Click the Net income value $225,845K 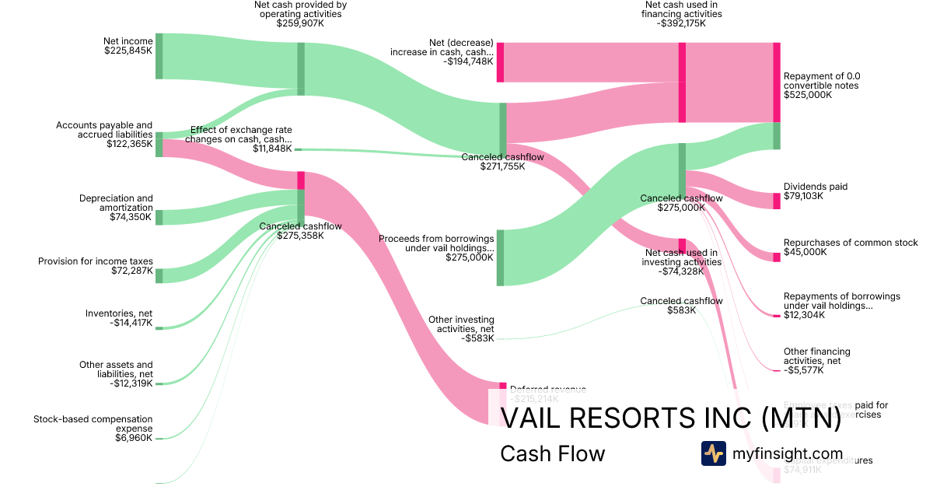point(128,51)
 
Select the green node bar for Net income point(159,56)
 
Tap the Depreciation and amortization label point(116,203)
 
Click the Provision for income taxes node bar point(159,275)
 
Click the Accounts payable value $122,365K point(130,144)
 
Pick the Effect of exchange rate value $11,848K point(272,149)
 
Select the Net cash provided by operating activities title point(300,9)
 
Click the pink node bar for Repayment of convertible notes point(777,82)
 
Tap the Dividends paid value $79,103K point(803,196)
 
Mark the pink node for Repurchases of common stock point(776,257)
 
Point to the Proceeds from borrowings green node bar point(500,257)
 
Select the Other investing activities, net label point(461,324)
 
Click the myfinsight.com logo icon point(713,453)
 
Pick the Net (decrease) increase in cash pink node point(500,62)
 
